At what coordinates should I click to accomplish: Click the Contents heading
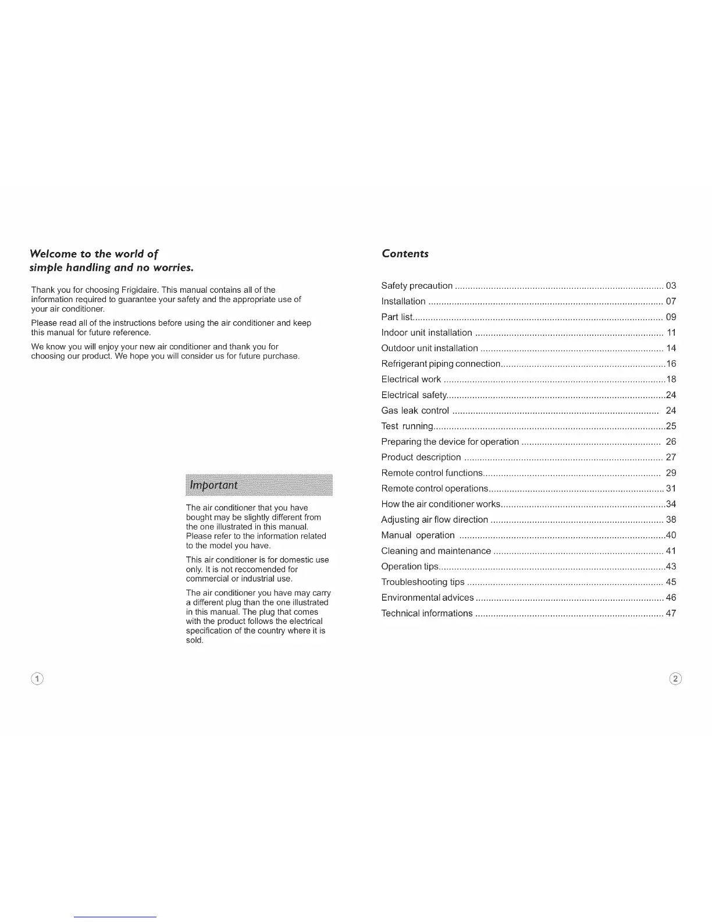click(x=405, y=254)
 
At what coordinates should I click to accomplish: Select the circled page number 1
click(x=37, y=679)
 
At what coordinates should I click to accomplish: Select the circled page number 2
click(x=675, y=679)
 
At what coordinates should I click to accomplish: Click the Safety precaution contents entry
click(x=416, y=286)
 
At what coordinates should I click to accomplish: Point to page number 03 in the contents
click(x=671, y=286)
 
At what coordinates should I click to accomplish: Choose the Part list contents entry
click(x=397, y=317)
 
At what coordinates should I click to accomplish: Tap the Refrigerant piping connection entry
click(x=440, y=364)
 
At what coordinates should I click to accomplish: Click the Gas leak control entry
click(x=415, y=411)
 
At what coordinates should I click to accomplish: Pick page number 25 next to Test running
click(x=671, y=427)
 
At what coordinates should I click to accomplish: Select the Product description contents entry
click(x=421, y=458)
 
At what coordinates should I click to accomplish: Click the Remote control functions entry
click(x=432, y=473)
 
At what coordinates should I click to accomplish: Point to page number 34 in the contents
click(x=671, y=504)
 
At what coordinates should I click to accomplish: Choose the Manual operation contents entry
click(x=418, y=536)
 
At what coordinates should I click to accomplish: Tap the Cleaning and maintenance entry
click(x=436, y=551)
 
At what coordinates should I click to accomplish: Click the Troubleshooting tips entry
click(x=422, y=582)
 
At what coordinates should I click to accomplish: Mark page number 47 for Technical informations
click(x=671, y=614)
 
